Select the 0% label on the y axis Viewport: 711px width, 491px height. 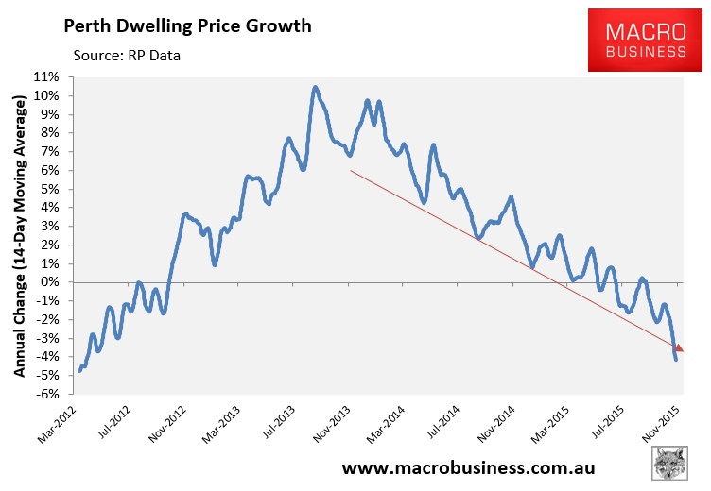click(51, 282)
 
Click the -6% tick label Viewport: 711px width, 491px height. click(49, 394)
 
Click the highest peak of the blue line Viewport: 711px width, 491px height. click(315, 88)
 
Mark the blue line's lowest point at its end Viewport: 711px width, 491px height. click(676, 359)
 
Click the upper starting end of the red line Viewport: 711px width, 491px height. click(351, 171)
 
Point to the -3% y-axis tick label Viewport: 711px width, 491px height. click(49, 338)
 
